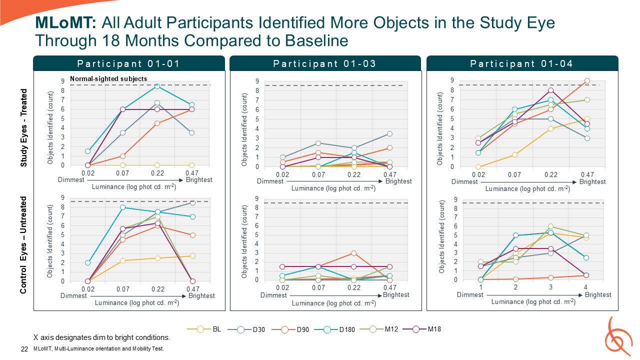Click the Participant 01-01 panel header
pyautogui.click(x=129, y=63)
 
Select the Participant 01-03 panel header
pyautogui.click(x=324, y=63)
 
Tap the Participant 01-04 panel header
pyautogui.click(x=521, y=63)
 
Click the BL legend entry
pyautogui.click(x=204, y=329)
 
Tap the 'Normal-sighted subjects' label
pyautogui.click(x=108, y=79)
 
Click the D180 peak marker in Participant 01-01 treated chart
pyautogui.click(x=157, y=86)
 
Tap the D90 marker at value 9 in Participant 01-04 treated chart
pyautogui.click(x=587, y=80)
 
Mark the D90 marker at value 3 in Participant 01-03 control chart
pyautogui.click(x=353, y=253)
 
